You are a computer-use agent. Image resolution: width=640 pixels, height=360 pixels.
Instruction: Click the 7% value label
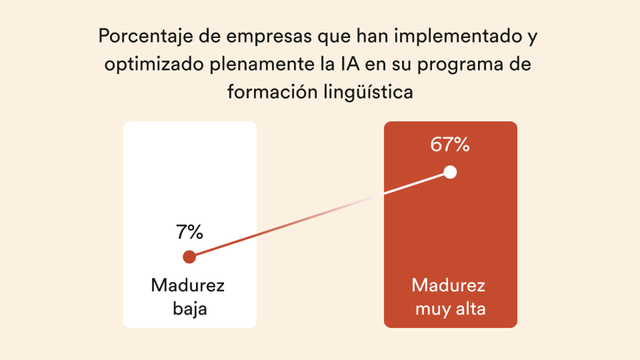(x=190, y=232)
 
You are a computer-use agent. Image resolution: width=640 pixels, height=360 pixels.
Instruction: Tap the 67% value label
(x=450, y=144)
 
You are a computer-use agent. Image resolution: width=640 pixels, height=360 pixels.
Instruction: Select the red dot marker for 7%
(x=189, y=257)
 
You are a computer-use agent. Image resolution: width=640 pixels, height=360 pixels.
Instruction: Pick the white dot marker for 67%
(x=450, y=172)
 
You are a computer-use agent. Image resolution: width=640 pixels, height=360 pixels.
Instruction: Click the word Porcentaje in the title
(x=146, y=36)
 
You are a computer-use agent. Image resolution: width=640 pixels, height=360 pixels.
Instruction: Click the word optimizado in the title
(x=154, y=65)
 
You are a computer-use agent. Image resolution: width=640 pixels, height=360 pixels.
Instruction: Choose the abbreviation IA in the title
(x=350, y=65)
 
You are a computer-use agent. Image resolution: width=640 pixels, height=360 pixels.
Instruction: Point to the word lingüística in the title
(x=368, y=92)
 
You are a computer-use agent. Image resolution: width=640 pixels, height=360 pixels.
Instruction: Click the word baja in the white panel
(x=190, y=308)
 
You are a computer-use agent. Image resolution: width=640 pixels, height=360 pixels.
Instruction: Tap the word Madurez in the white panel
(x=188, y=285)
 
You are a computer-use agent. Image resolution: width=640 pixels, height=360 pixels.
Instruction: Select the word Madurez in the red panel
(x=448, y=285)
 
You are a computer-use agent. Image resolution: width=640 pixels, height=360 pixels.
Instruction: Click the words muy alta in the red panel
(x=450, y=309)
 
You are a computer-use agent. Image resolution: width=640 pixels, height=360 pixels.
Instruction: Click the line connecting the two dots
(x=320, y=214)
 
